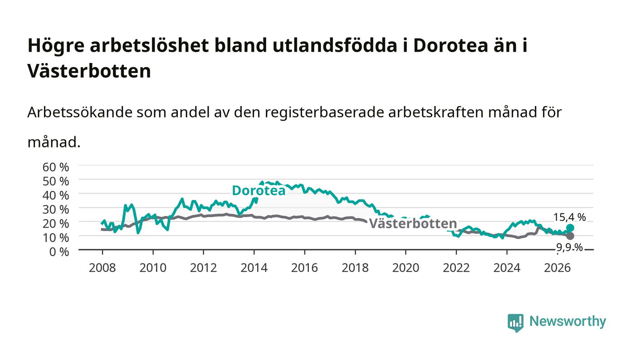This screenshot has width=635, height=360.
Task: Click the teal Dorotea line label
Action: point(259,190)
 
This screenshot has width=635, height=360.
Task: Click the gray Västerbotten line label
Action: point(413,224)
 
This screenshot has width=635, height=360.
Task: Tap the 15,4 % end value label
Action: point(570,217)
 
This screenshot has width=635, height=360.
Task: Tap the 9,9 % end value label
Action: point(570,248)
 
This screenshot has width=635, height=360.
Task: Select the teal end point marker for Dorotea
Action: point(570,228)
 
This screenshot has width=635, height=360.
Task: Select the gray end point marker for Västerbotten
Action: point(570,236)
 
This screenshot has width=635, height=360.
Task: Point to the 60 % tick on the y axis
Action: point(56,167)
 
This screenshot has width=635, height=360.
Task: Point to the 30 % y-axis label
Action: point(56,209)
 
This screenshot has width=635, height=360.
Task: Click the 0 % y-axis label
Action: point(59,252)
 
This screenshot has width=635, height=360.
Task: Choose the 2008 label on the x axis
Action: point(103,268)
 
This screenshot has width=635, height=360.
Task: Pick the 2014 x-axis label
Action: point(254,268)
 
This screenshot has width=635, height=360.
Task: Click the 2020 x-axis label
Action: point(405,268)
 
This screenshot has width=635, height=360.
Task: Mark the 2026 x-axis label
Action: point(557,268)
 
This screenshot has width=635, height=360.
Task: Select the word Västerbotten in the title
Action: point(89,71)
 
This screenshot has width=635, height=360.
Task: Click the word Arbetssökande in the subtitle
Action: point(80,112)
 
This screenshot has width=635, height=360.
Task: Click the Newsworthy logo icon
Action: point(515,322)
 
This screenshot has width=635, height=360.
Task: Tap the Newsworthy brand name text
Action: point(567,321)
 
